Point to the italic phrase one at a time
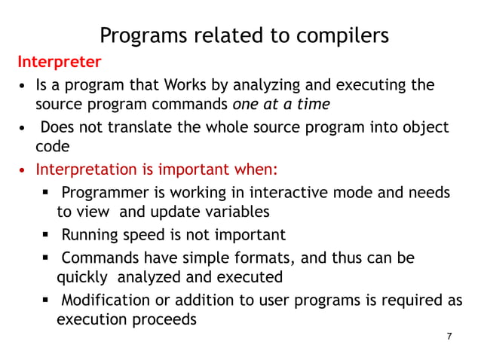(x=281, y=104)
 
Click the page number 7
(x=449, y=336)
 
